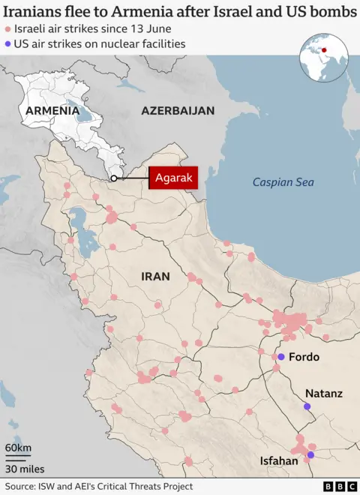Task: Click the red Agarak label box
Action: click(173, 178)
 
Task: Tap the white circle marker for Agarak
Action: click(113, 178)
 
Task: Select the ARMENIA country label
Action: click(52, 111)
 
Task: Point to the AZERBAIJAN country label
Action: click(178, 111)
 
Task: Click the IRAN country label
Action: click(155, 277)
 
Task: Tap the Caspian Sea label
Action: click(283, 182)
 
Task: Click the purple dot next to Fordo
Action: click(280, 357)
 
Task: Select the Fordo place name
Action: click(304, 357)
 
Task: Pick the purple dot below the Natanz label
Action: click(307, 406)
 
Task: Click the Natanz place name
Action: click(323, 393)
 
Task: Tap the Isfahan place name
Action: click(279, 461)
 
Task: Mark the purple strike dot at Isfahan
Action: click(310, 454)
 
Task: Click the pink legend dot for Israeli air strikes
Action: click(8, 28)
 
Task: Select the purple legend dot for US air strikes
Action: click(8, 44)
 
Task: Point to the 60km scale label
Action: click(18, 448)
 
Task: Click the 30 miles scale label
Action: click(23, 469)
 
